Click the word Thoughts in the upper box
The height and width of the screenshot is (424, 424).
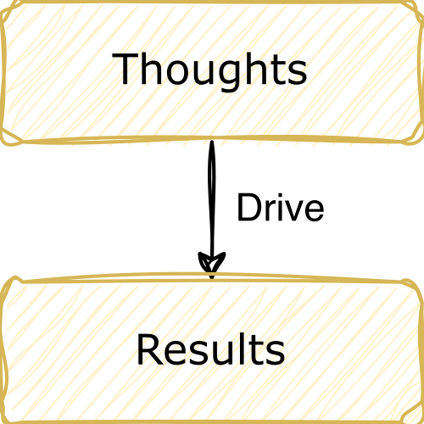click(x=209, y=70)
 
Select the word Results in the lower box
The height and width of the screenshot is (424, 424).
click(x=210, y=349)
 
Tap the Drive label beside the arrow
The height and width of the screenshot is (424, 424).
click(x=281, y=208)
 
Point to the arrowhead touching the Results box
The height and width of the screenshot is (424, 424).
click(x=212, y=265)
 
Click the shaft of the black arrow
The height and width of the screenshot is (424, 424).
click(x=212, y=198)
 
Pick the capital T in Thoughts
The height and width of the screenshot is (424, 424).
click(x=126, y=68)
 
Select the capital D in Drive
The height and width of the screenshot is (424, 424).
click(x=249, y=208)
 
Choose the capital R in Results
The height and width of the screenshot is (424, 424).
click(x=150, y=349)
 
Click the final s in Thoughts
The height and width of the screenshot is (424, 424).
click(x=297, y=72)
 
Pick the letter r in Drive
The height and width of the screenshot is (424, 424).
click(x=266, y=211)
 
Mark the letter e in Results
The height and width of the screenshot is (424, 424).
click(x=178, y=354)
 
